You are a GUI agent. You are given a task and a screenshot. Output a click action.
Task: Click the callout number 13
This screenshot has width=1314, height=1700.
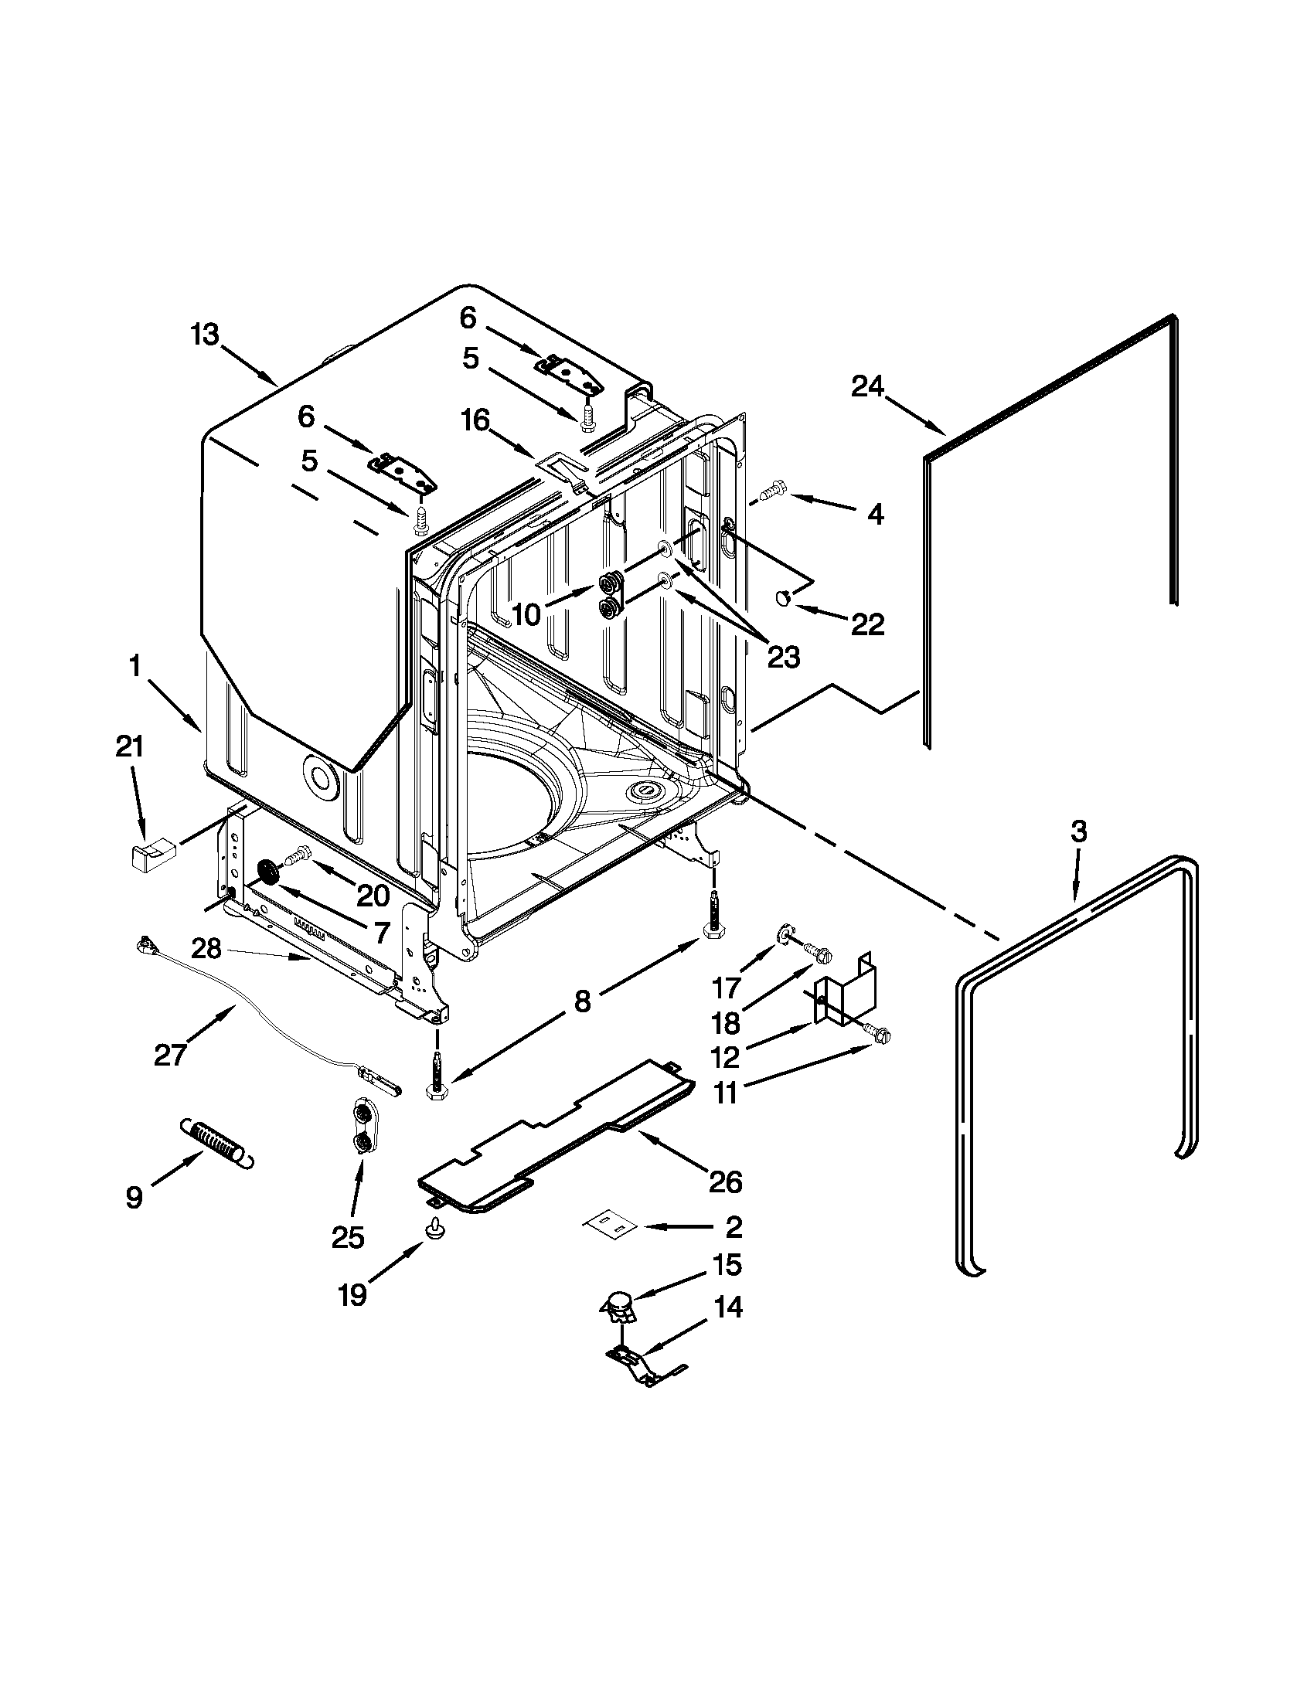pyautogui.click(x=206, y=336)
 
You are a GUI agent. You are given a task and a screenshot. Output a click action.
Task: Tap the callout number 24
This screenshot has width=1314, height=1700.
pyautogui.click(x=867, y=386)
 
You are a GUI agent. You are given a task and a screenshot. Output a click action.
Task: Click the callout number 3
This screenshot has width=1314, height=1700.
pyautogui.click(x=1077, y=832)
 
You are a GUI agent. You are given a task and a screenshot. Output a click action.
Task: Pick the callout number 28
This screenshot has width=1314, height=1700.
pyautogui.click(x=208, y=949)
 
